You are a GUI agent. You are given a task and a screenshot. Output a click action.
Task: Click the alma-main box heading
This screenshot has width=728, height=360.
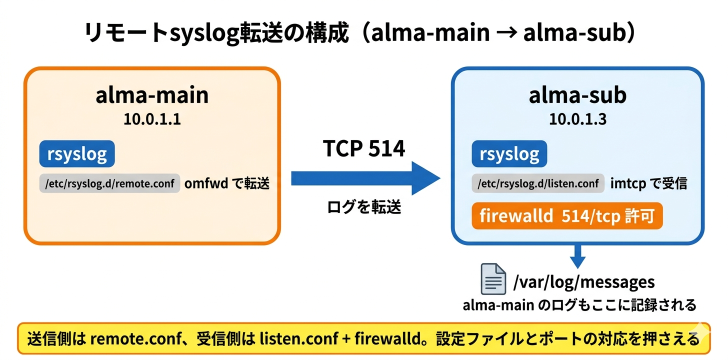(x=152, y=95)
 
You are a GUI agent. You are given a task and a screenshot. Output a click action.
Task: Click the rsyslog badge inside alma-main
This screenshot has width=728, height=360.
(x=77, y=154)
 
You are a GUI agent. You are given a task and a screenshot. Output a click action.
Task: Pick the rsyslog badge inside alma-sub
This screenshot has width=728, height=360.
(x=509, y=154)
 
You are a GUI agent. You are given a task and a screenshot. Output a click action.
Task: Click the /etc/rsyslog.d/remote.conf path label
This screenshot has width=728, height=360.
(x=109, y=183)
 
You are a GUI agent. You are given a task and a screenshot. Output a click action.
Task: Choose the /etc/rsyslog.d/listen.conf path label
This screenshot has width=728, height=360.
(x=537, y=183)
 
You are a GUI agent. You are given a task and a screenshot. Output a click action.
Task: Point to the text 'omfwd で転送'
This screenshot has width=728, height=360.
(x=227, y=183)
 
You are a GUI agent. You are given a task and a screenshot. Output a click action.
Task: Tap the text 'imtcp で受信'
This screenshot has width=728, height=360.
(x=648, y=183)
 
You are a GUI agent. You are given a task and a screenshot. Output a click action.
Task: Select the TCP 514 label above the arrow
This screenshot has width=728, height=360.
(x=364, y=148)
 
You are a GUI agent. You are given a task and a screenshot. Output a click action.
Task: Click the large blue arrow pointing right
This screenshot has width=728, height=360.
(x=365, y=178)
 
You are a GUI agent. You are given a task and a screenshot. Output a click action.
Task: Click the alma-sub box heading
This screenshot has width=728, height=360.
(x=577, y=95)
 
